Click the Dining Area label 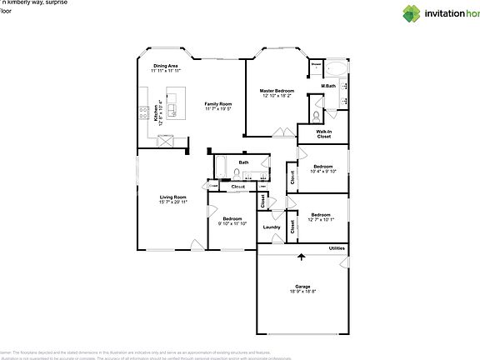(x=165, y=66)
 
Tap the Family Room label (x=218, y=103)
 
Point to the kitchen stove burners (x=145, y=112)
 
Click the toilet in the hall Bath (x=237, y=174)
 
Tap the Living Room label (x=172, y=197)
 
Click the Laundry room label (x=271, y=227)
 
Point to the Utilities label (x=337, y=248)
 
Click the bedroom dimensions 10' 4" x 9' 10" (x=324, y=172)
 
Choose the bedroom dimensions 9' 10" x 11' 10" (x=232, y=223)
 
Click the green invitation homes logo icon (x=412, y=12)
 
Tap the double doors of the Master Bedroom (x=280, y=133)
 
